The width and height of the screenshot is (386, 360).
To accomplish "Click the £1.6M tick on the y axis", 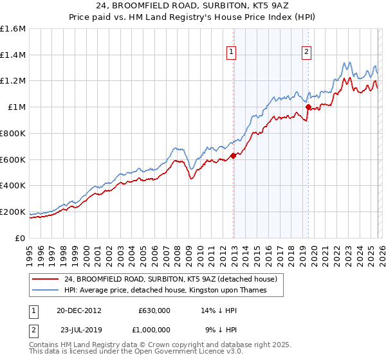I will (x=12, y=29).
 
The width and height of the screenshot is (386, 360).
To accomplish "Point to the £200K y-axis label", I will (x=12, y=212).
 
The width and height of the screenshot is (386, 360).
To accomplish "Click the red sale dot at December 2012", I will (x=234, y=156).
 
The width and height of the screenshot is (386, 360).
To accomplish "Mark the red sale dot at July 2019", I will (x=308, y=107).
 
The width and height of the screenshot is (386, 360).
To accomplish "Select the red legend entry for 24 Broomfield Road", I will (x=170, y=279).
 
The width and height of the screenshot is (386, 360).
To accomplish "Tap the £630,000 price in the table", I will (x=154, y=310).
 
